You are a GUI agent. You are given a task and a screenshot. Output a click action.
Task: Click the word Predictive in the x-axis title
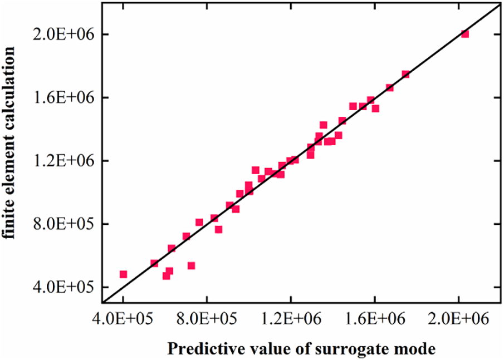point(197,349)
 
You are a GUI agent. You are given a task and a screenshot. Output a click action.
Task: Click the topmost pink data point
point(465,34)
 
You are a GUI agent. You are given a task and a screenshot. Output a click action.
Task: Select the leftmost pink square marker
point(123,274)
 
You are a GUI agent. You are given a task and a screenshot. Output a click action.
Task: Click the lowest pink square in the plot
point(166,276)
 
